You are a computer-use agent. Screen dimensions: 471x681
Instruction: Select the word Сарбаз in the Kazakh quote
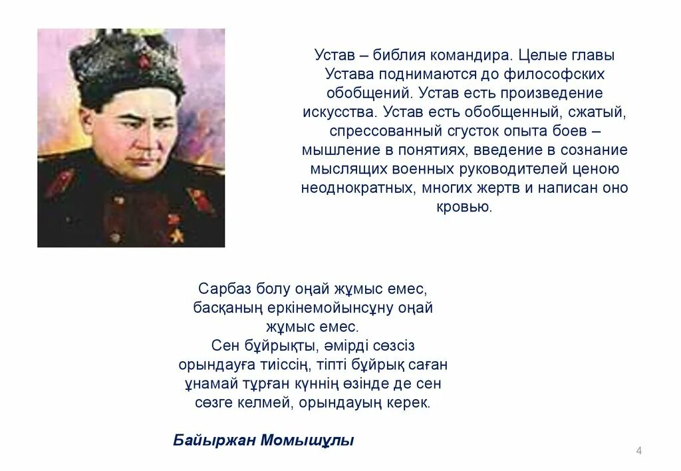tap(220, 289)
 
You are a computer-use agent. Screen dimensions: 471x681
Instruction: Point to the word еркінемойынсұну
tap(342, 308)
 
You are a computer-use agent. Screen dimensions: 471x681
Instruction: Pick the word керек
tap(410, 403)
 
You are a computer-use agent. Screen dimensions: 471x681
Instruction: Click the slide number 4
tap(639, 452)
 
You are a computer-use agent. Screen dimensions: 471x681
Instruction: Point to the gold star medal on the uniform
tap(176, 234)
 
